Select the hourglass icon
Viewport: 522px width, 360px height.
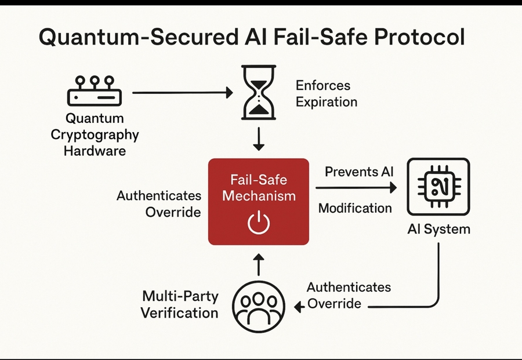(x=259, y=92)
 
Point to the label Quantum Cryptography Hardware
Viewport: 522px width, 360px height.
(x=94, y=134)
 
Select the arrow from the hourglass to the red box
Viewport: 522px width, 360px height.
(x=259, y=139)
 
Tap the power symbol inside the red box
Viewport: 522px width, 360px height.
(x=259, y=223)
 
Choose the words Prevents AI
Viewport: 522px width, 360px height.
(x=359, y=172)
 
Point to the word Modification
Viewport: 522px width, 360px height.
(x=355, y=208)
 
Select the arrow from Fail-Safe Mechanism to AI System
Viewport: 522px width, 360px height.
(x=356, y=188)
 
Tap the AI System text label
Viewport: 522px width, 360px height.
(x=438, y=228)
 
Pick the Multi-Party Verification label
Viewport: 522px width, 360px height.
(x=180, y=304)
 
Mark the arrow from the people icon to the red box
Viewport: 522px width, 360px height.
(x=259, y=266)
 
